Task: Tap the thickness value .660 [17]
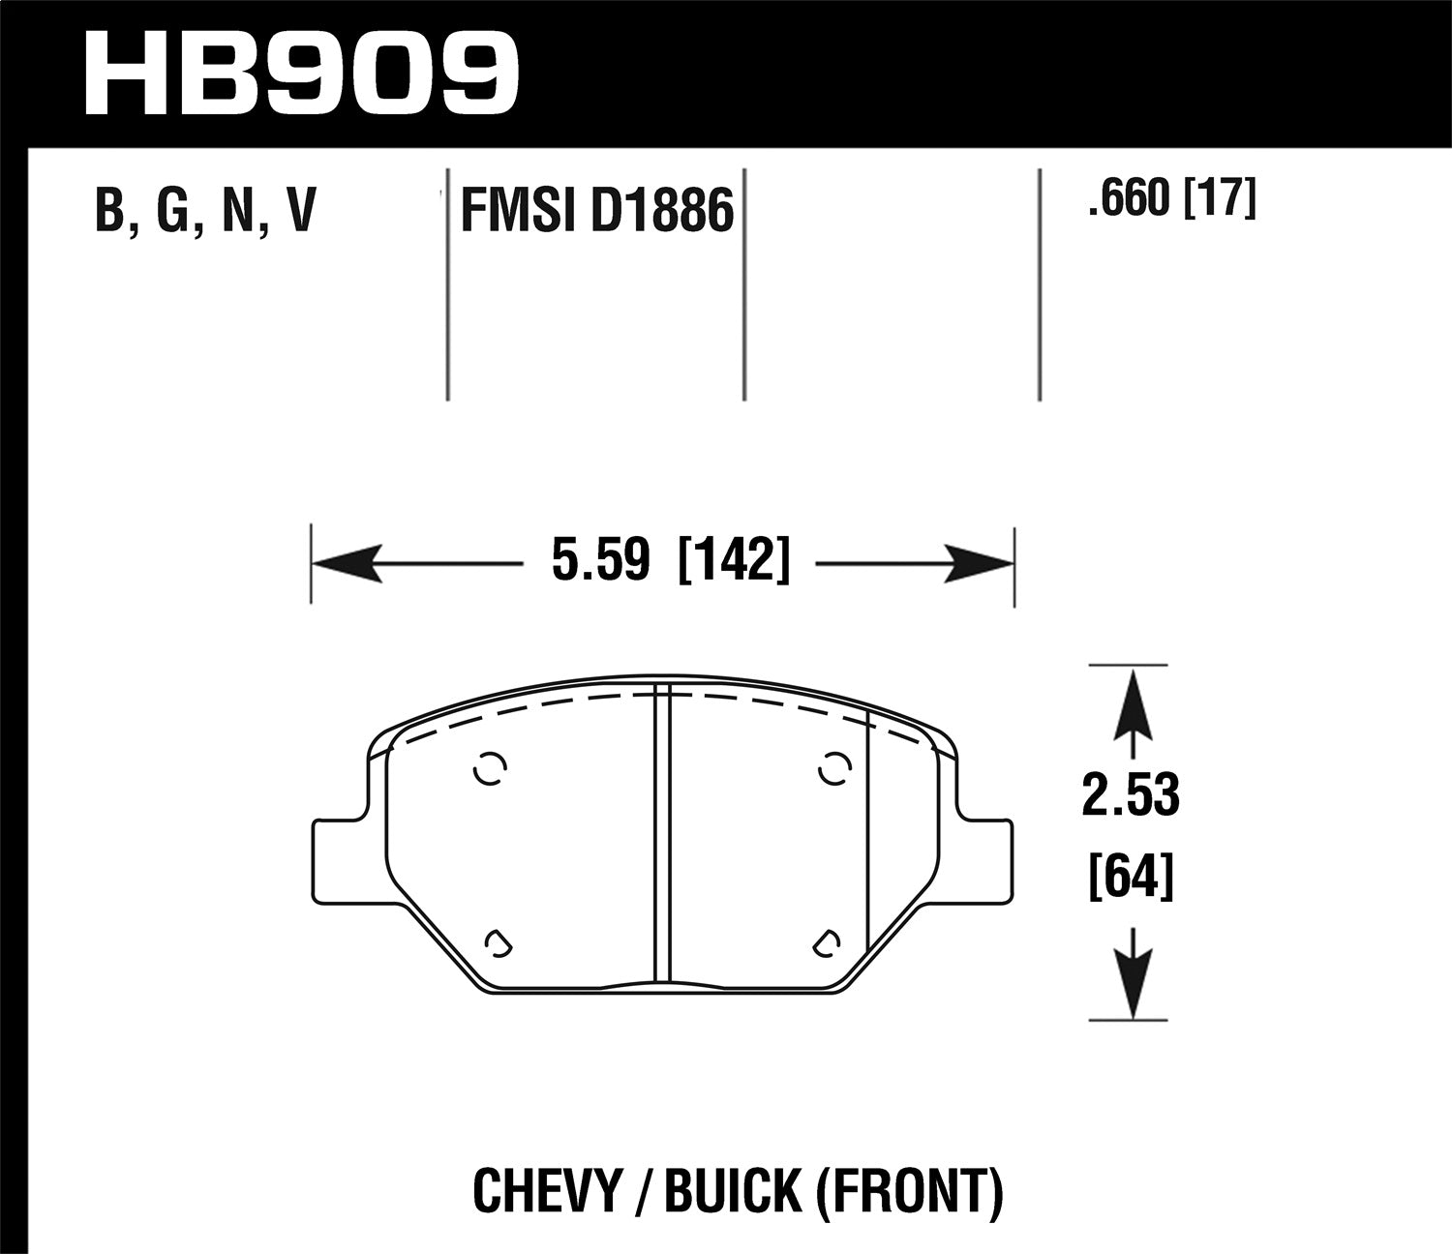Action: point(1171,200)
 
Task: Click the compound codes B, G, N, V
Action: point(205,211)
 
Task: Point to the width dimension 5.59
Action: point(599,561)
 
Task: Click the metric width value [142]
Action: point(735,561)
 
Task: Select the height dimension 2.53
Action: point(1131,795)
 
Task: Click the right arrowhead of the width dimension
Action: point(978,563)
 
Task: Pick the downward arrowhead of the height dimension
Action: point(1132,981)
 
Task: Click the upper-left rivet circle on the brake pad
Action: point(490,768)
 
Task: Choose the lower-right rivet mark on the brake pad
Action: point(827,944)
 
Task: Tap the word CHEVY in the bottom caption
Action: point(541,1192)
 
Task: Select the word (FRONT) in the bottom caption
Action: point(909,1192)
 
